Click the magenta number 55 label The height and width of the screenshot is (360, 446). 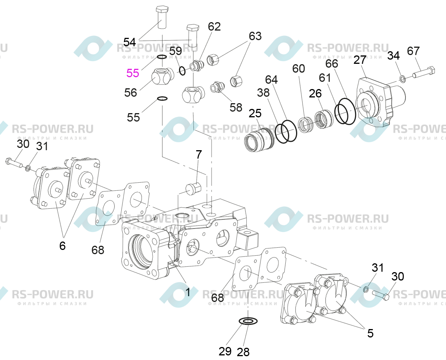133,73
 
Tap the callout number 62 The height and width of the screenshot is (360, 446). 214,26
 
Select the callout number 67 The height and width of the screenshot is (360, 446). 413,51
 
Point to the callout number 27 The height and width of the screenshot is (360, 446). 360,60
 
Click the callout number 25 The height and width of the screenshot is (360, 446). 255,113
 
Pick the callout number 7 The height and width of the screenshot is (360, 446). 199,154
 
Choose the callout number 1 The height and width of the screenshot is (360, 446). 188,292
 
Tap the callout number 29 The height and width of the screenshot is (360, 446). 225,352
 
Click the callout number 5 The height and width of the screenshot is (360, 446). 370,333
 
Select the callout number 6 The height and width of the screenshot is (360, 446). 62,245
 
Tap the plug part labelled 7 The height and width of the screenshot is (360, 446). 193,188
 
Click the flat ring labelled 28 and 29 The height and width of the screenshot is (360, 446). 248,321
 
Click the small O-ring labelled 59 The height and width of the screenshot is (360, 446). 182,70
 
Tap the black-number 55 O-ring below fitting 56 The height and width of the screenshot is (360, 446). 162,99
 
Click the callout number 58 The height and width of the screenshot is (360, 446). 236,107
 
